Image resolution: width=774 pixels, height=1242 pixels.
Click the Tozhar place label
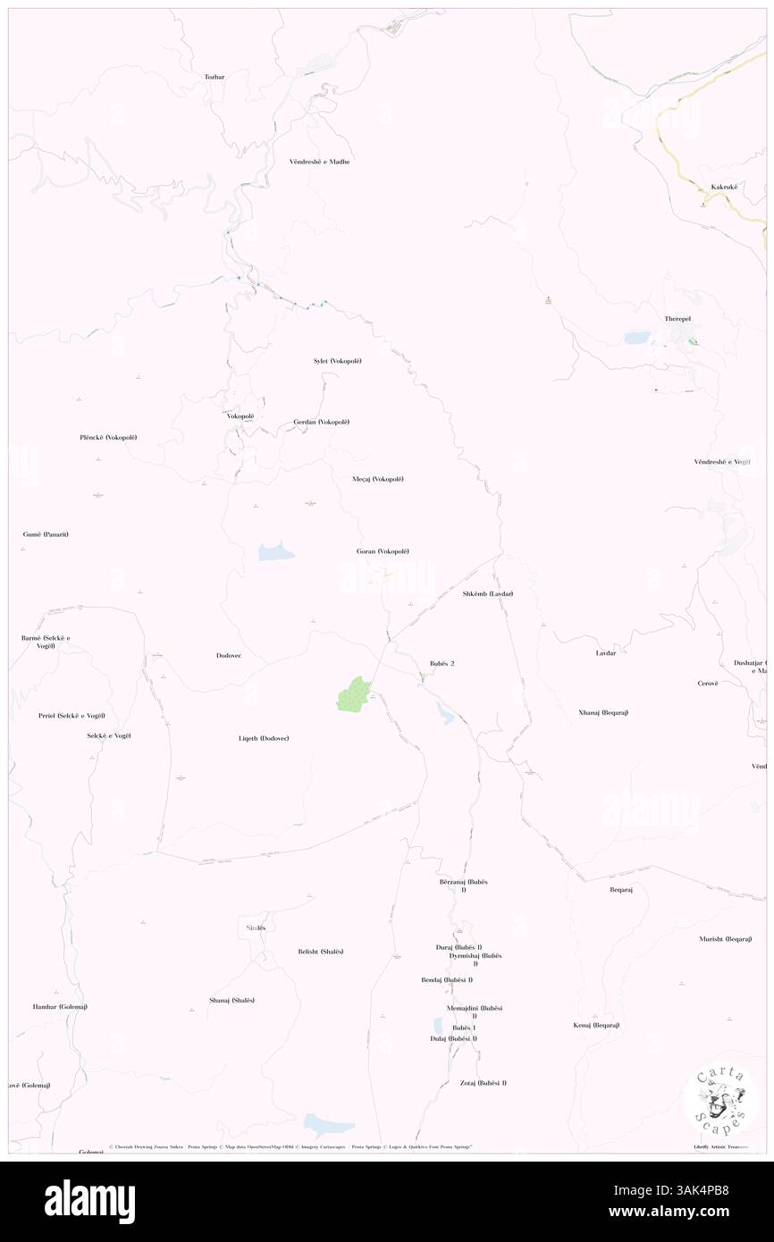click(214, 77)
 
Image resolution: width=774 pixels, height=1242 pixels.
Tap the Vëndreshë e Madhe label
click(319, 162)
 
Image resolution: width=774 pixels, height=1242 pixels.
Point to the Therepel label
click(677, 319)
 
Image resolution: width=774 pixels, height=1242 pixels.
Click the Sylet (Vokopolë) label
click(337, 360)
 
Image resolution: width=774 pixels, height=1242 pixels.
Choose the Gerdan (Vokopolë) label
click(321, 422)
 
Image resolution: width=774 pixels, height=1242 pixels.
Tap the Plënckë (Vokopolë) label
click(114, 437)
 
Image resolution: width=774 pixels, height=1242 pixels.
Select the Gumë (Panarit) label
click(46, 534)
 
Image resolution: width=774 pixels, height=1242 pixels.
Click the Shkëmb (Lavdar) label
click(488, 593)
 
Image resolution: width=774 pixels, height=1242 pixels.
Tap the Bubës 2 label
click(435, 663)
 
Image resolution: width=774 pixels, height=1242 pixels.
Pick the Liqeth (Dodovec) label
click(263, 738)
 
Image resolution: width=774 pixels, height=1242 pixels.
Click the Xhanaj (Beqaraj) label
click(603, 712)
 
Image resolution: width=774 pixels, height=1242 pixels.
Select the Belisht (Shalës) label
click(321, 951)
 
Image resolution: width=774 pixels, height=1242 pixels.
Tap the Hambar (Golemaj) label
click(60, 1006)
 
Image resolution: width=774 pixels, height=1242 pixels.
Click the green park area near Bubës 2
click(353, 694)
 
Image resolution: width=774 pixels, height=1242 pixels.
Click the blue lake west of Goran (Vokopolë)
click(276, 550)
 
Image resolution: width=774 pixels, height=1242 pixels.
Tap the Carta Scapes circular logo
click(720, 1099)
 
